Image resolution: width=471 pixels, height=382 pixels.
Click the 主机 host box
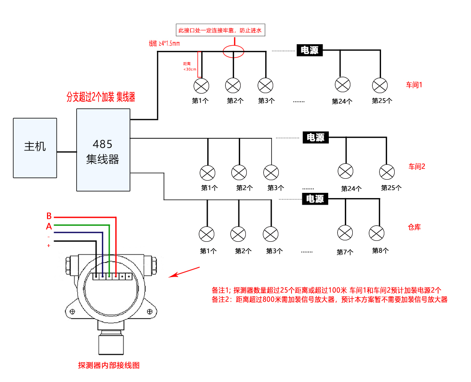(35, 147)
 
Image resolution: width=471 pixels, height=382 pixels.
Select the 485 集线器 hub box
(103, 150)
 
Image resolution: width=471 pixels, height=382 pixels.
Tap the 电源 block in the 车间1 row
(309, 50)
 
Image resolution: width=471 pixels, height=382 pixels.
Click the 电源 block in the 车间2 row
(316, 137)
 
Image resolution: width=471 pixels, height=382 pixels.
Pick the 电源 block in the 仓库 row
(315, 199)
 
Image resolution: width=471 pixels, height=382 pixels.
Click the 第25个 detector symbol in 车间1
(380, 85)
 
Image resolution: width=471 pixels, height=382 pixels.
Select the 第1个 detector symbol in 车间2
(208, 173)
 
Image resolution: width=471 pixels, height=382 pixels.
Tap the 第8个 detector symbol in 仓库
(377, 234)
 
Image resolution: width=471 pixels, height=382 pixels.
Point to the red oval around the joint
(234, 51)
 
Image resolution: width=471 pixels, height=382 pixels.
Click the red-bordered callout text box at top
(219, 31)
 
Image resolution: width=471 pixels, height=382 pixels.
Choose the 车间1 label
(414, 85)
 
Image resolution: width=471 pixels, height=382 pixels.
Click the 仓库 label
(414, 227)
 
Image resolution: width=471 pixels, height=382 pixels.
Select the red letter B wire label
(49, 216)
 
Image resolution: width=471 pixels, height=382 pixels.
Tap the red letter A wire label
(49, 226)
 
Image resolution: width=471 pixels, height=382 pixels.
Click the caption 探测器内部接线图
(108, 366)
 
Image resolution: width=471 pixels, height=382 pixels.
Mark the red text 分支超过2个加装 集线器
(101, 97)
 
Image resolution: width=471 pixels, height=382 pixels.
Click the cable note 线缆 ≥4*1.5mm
(164, 44)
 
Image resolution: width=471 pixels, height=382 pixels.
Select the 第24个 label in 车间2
(351, 189)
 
